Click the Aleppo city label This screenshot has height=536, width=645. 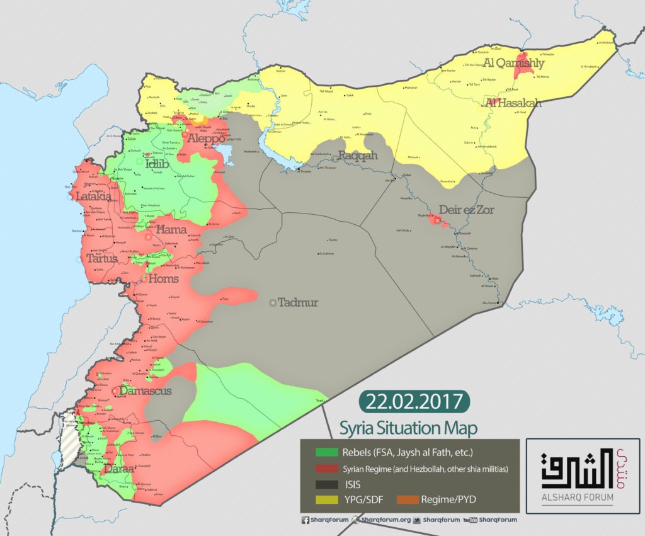coord(204,138)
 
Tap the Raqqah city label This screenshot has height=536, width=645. coord(358,156)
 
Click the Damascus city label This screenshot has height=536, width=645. coord(145,391)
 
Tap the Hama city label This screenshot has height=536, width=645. coord(172,229)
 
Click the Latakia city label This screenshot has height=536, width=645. coord(93,197)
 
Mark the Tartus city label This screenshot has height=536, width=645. coord(101,258)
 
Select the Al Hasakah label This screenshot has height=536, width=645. coord(512,103)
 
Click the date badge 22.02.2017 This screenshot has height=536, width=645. coord(414,401)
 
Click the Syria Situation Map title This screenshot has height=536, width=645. coord(408,428)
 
